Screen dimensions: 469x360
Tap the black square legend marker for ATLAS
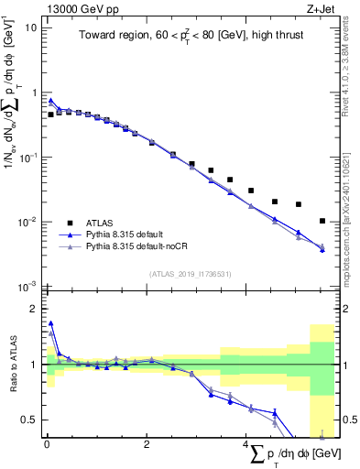click(x=70, y=223)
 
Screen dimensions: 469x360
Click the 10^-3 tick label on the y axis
click(x=27, y=287)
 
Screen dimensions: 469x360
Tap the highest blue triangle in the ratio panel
click(x=51, y=322)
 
